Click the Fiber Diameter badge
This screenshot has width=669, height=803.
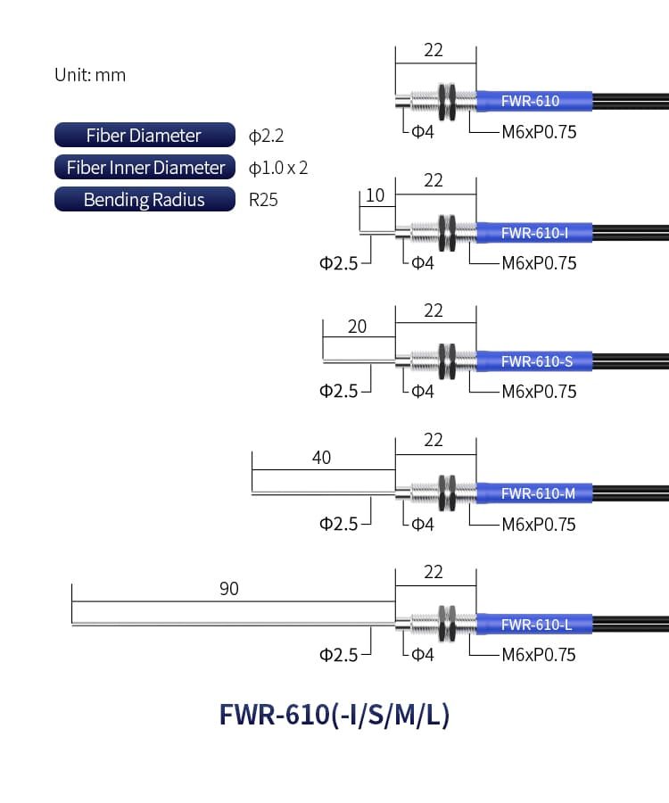click(145, 136)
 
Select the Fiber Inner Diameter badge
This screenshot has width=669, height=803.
click(145, 168)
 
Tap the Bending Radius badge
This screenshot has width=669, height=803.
click(145, 200)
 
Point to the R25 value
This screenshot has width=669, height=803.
click(263, 200)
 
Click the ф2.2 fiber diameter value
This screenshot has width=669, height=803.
click(266, 137)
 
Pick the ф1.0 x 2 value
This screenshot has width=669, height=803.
click(278, 168)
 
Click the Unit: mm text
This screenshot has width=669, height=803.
click(90, 75)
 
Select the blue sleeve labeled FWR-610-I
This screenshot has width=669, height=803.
click(533, 234)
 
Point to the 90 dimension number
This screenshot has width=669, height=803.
click(229, 589)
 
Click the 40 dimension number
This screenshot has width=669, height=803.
click(322, 458)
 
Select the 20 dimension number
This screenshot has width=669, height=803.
click(357, 327)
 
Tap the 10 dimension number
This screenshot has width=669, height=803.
click(376, 196)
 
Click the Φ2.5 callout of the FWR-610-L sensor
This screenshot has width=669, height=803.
click(338, 655)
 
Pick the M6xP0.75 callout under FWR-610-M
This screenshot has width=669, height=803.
click(539, 524)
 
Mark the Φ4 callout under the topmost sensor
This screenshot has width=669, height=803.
click(423, 133)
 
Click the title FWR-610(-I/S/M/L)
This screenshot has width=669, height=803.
click(334, 716)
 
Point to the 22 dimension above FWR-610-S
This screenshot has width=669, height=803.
click(434, 310)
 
